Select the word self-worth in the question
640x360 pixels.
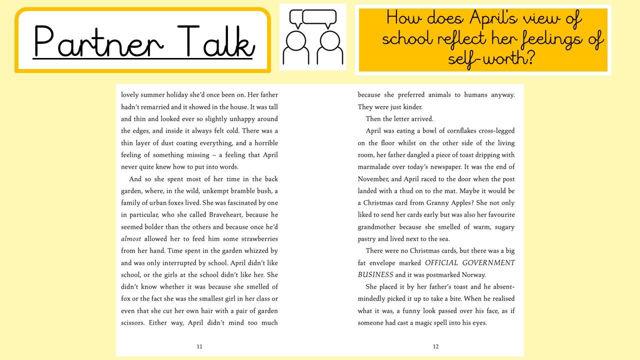[491, 58]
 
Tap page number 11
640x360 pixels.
[199, 346]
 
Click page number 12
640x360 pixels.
[435, 346]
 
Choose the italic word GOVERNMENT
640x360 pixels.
[487, 263]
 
